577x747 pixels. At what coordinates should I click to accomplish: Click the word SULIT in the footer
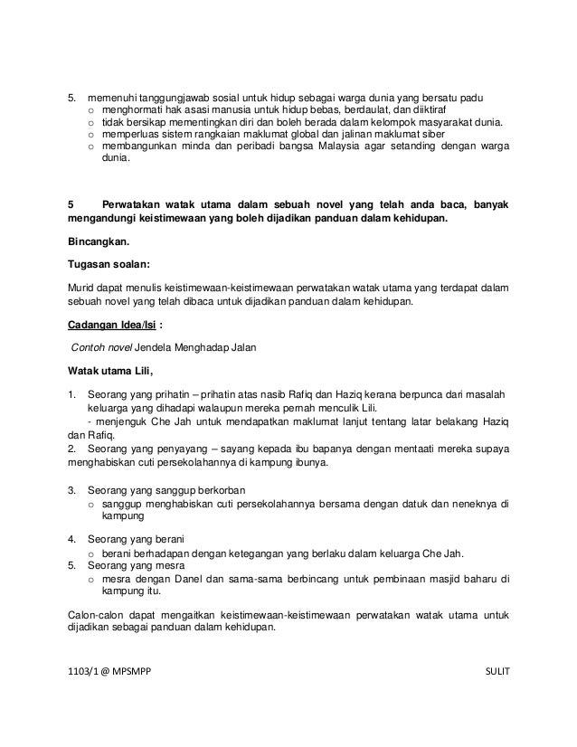tap(497, 670)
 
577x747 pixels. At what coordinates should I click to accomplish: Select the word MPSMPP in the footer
tap(131, 670)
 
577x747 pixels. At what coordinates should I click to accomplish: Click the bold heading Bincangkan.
tap(99, 241)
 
